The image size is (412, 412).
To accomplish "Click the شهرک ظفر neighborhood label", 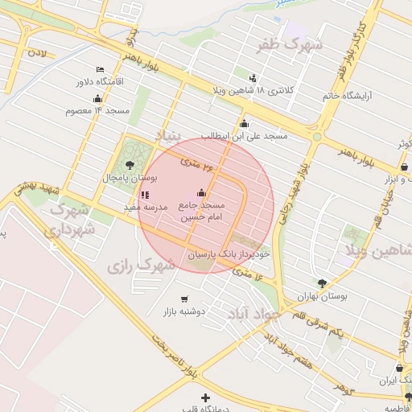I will tap(289, 44).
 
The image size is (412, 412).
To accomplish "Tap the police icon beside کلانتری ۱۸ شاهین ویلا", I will tap(253, 78).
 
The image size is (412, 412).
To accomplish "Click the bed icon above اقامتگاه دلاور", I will tap(100, 70).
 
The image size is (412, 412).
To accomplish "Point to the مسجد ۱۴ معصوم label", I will tap(99, 109).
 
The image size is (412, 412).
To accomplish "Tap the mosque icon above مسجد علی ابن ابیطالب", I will tap(244, 123).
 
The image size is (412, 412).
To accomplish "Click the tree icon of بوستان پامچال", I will tap(130, 165).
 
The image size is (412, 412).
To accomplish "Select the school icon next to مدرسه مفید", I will tap(144, 195).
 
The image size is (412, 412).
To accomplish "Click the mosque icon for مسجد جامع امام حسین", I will tap(201, 193).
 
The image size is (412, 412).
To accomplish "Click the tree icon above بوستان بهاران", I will tap(323, 283).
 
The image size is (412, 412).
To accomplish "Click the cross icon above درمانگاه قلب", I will tap(205, 397).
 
